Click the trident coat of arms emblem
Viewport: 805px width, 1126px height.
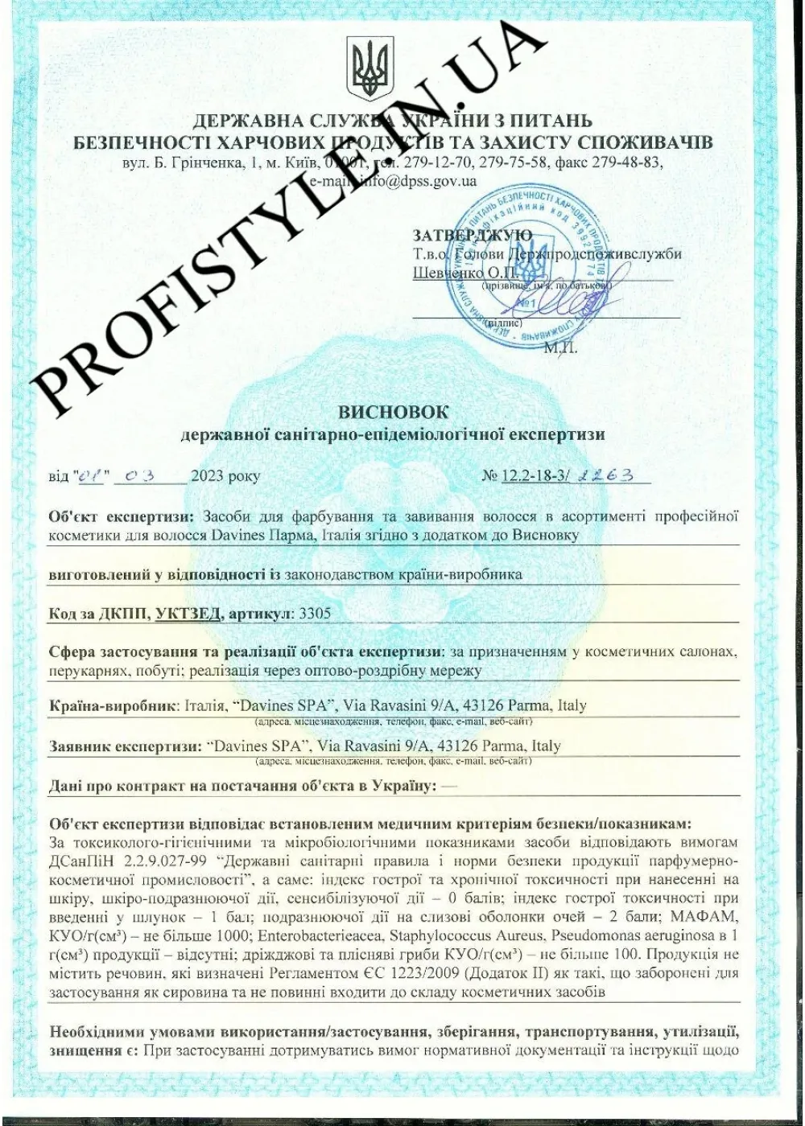[x=370, y=68]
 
